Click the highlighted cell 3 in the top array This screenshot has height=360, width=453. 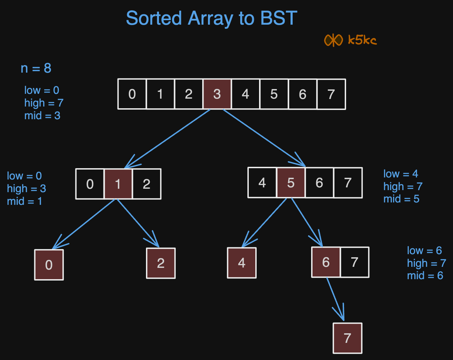tap(217, 94)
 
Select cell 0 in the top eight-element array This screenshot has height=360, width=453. tap(132, 94)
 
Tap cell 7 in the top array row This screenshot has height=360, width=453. tap(331, 94)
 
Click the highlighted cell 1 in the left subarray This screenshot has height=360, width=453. tap(118, 184)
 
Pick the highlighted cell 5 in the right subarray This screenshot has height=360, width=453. tap(291, 183)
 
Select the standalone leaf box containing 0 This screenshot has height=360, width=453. tap(49, 265)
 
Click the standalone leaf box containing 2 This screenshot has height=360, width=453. tap(161, 263)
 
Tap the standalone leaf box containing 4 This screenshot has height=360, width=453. tap(242, 263)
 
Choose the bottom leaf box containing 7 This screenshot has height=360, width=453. tap(347, 338)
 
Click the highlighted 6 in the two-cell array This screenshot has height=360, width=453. tap(326, 262)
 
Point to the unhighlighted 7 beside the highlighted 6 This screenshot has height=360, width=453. tap(355, 262)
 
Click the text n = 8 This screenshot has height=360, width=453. tap(36, 68)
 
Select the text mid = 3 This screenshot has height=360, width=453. tap(42, 116)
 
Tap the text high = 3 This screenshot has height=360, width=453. tap(26, 188)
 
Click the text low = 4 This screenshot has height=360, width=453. tap(401, 174)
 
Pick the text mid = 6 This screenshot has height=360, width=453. tap(425, 276)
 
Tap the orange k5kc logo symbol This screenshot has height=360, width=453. tap(333, 40)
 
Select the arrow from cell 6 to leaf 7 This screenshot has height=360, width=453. tap(336, 300)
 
